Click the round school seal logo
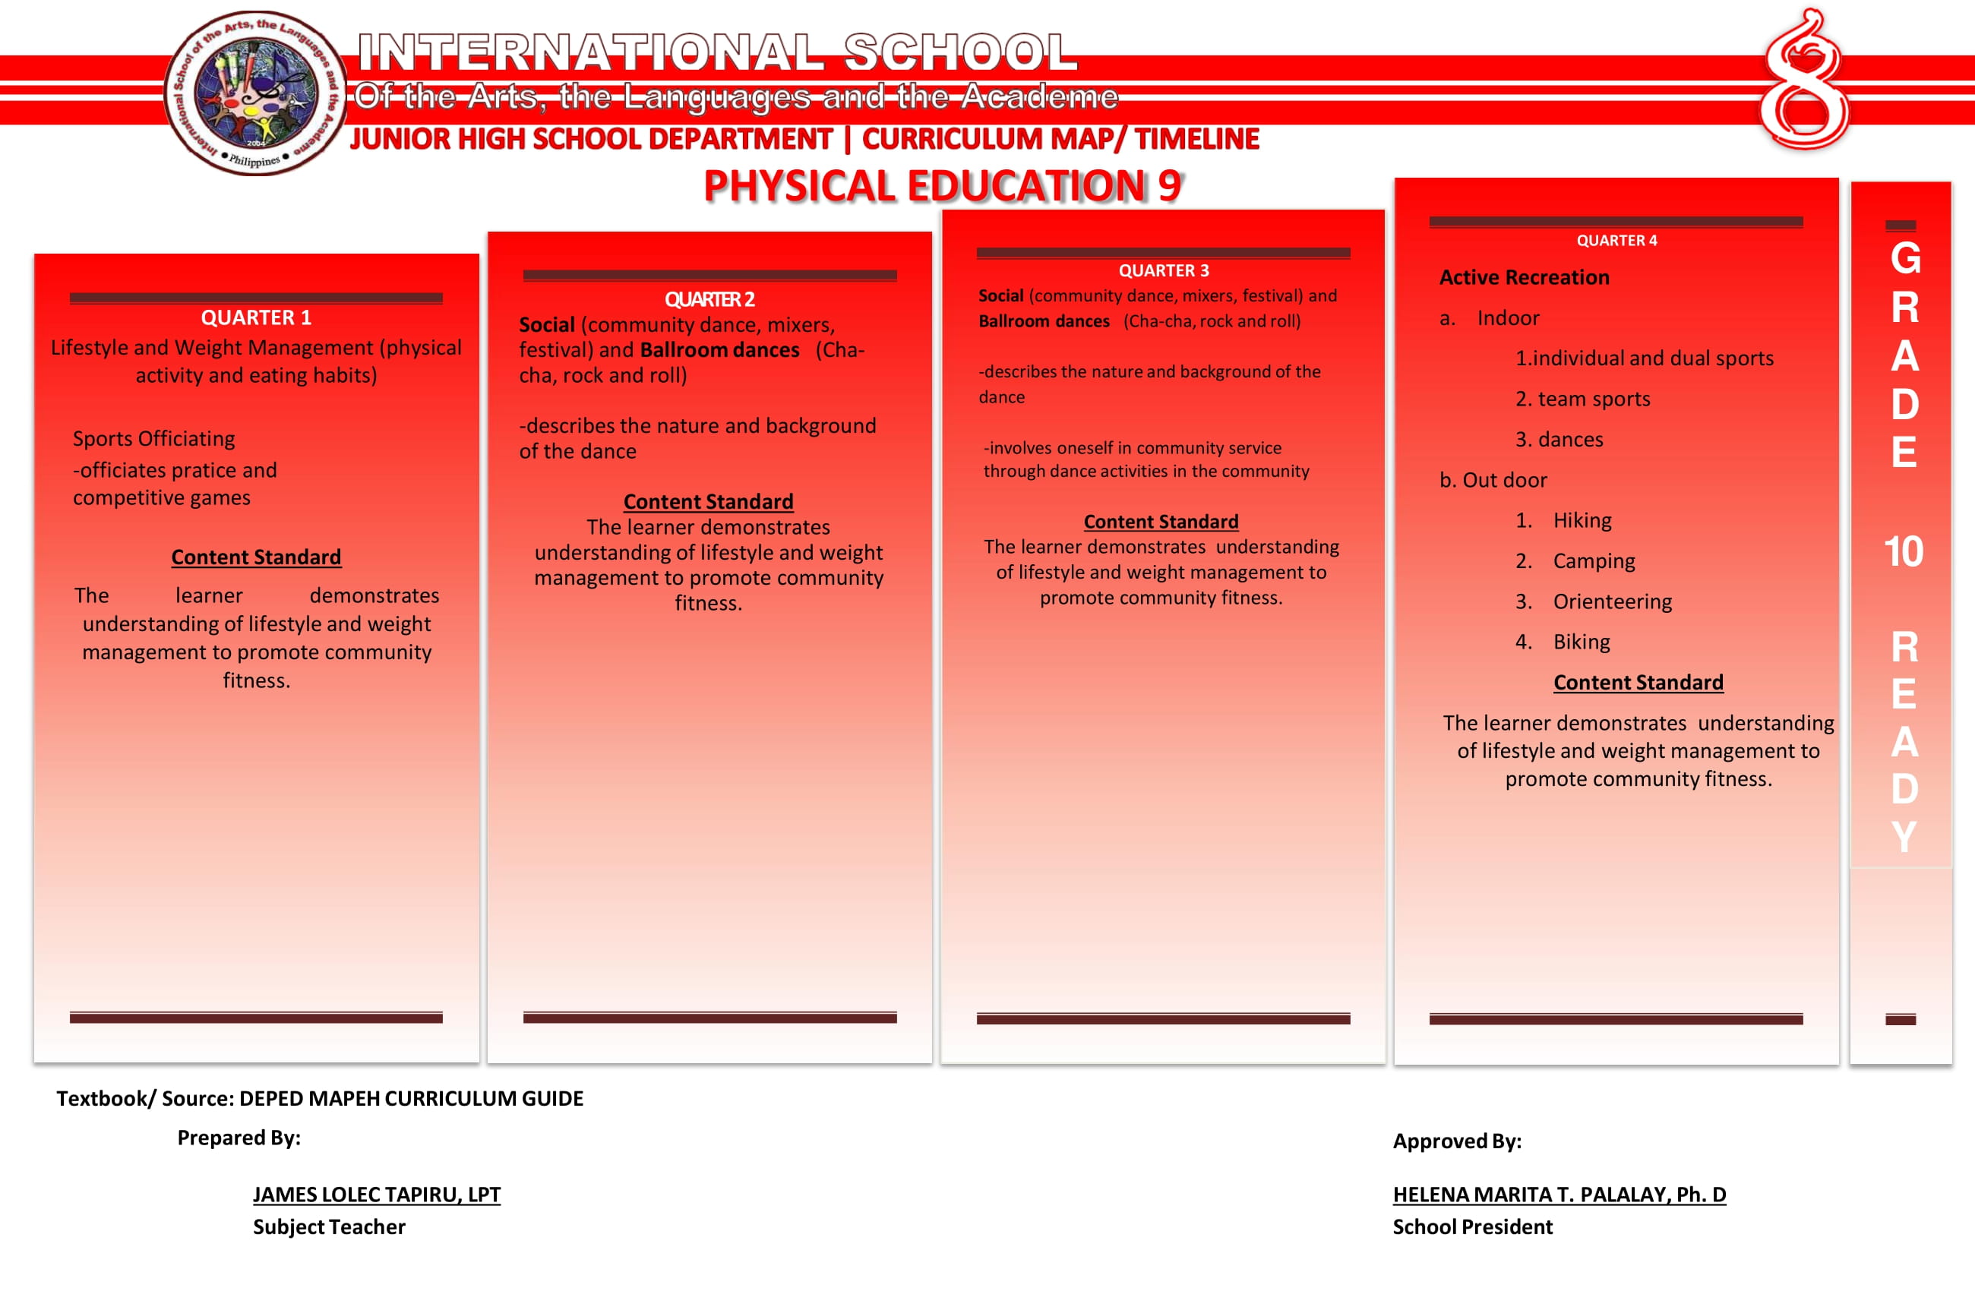coord(255,93)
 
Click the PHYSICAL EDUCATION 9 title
coord(943,186)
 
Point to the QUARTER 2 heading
coord(709,299)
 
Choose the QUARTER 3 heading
coord(1164,270)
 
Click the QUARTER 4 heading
coord(1616,241)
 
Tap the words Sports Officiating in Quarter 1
coord(153,438)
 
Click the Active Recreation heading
coord(1524,277)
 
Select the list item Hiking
coord(1582,520)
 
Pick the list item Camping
coord(1593,561)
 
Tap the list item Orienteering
coord(1612,601)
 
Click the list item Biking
coord(1581,642)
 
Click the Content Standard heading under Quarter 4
coord(1638,682)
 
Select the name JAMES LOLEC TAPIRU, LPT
coord(377,1194)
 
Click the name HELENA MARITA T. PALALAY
coord(1559,1194)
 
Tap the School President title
coord(1472,1226)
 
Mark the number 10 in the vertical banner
coord(1903,552)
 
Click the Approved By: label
coord(1456,1141)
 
